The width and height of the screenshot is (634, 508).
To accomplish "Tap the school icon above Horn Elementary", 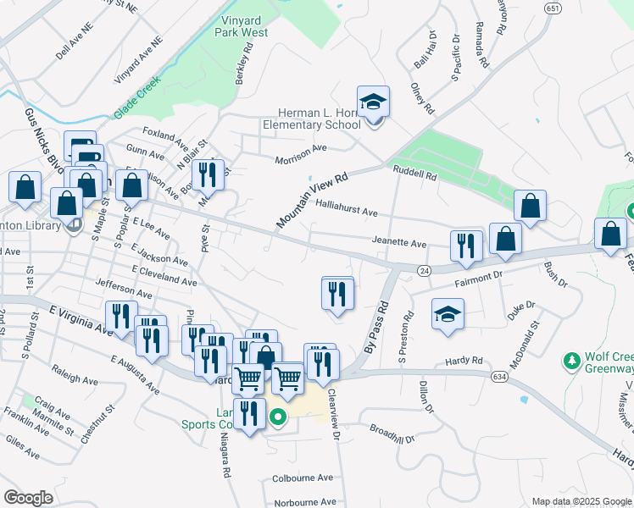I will tap(373, 102).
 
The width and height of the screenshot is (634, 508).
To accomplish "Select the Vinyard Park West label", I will tap(232, 26).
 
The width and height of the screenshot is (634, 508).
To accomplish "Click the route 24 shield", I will tap(424, 269).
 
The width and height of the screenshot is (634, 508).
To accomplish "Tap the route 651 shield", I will tap(553, 8).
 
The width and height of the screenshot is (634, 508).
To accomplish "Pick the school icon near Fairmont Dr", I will tap(448, 314).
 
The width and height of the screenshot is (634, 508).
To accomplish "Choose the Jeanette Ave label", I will tap(398, 243).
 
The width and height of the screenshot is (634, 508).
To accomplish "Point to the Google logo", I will tap(29, 498).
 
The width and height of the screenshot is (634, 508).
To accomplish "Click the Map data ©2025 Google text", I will tap(581, 501).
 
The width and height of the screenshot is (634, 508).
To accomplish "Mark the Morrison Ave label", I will tap(300, 159).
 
